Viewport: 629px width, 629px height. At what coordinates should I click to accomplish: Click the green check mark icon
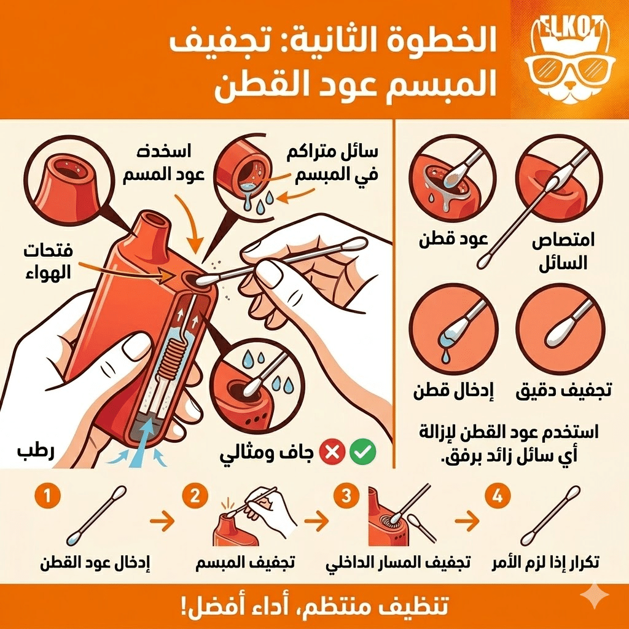click(362, 453)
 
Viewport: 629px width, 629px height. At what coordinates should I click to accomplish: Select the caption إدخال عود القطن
click(95, 562)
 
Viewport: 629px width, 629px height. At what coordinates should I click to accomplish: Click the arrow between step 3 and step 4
click(469, 523)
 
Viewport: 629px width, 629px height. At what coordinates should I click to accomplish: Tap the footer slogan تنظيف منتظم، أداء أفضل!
click(314, 605)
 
